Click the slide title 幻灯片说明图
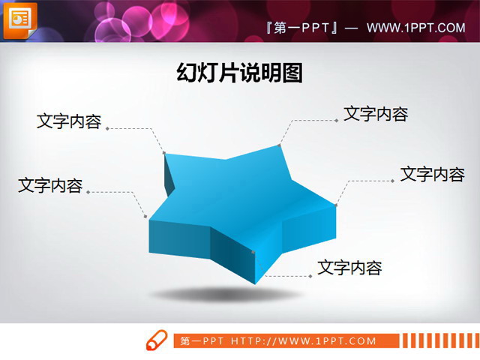click(240, 73)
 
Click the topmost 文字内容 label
click(376, 114)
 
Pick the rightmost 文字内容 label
click(433, 174)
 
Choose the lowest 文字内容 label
click(349, 267)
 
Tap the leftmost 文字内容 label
click(50, 185)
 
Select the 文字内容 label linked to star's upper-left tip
click(69, 121)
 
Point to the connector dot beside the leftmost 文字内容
click(88, 192)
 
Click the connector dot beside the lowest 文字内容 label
click(310, 276)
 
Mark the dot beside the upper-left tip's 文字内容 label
click(107, 128)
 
